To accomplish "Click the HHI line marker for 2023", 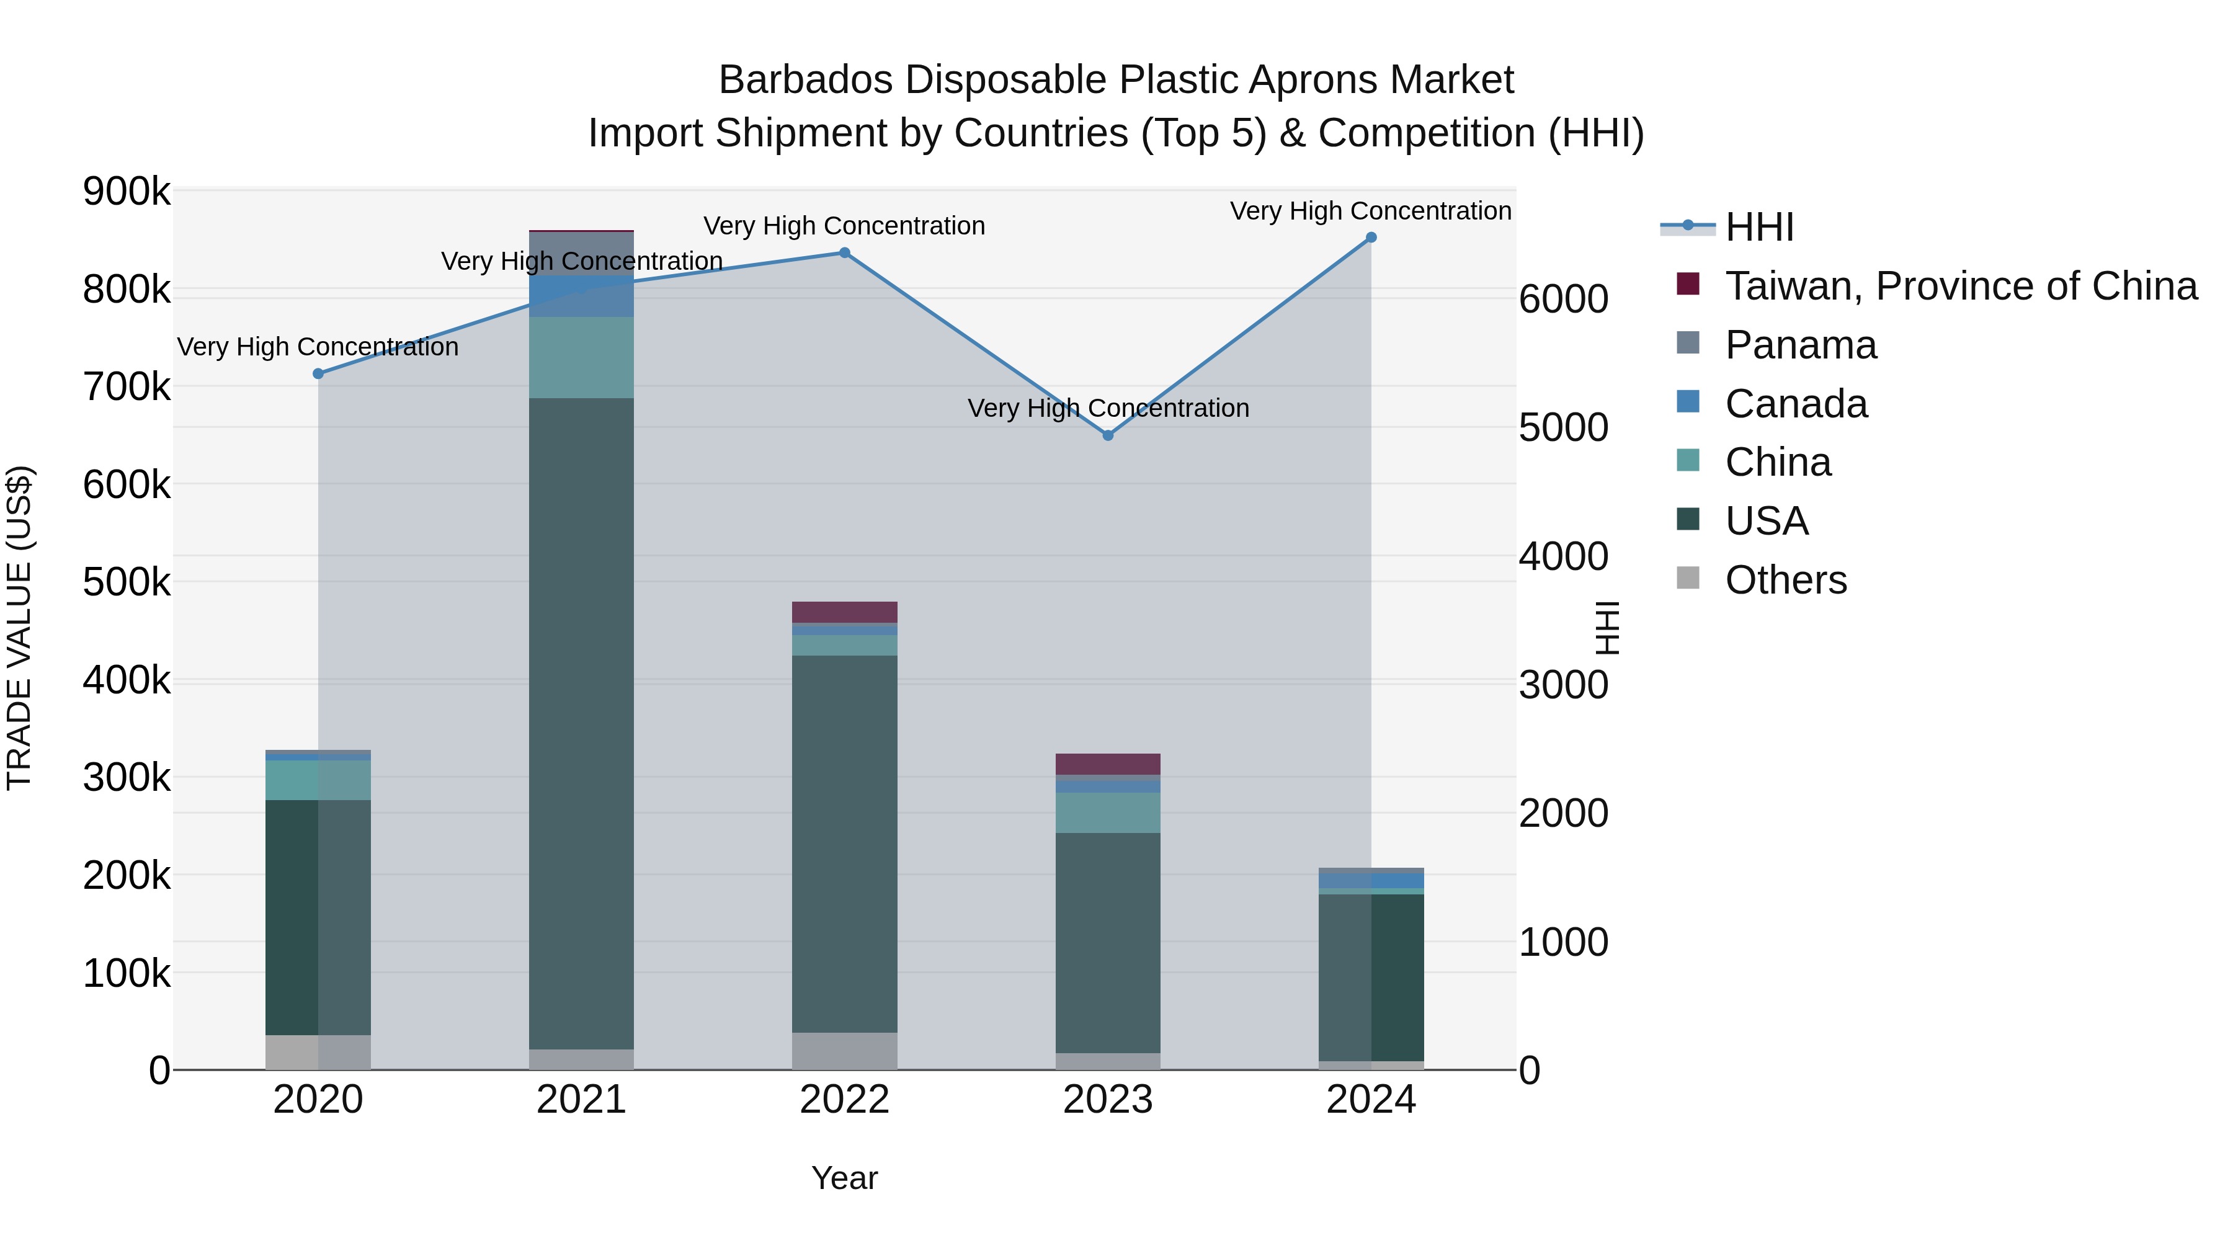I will tap(1107, 435).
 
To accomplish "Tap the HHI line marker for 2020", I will tap(318, 373).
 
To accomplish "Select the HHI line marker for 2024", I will tap(1370, 238).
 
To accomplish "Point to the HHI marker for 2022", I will tap(844, 253).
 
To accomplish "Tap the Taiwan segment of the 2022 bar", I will tap(844, 612).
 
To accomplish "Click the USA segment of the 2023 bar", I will tap(1107, 943).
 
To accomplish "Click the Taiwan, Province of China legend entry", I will tap(1961, 286).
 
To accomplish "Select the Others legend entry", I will tap(1786, 580).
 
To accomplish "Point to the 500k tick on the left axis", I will tap(127, 582).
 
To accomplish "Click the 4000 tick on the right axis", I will tap(1563, 556).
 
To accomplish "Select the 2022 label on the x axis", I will tap(844, 1100).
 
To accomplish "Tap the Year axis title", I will tap(844, 1178).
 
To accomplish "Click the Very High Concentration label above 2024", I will tap(1370, 211).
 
